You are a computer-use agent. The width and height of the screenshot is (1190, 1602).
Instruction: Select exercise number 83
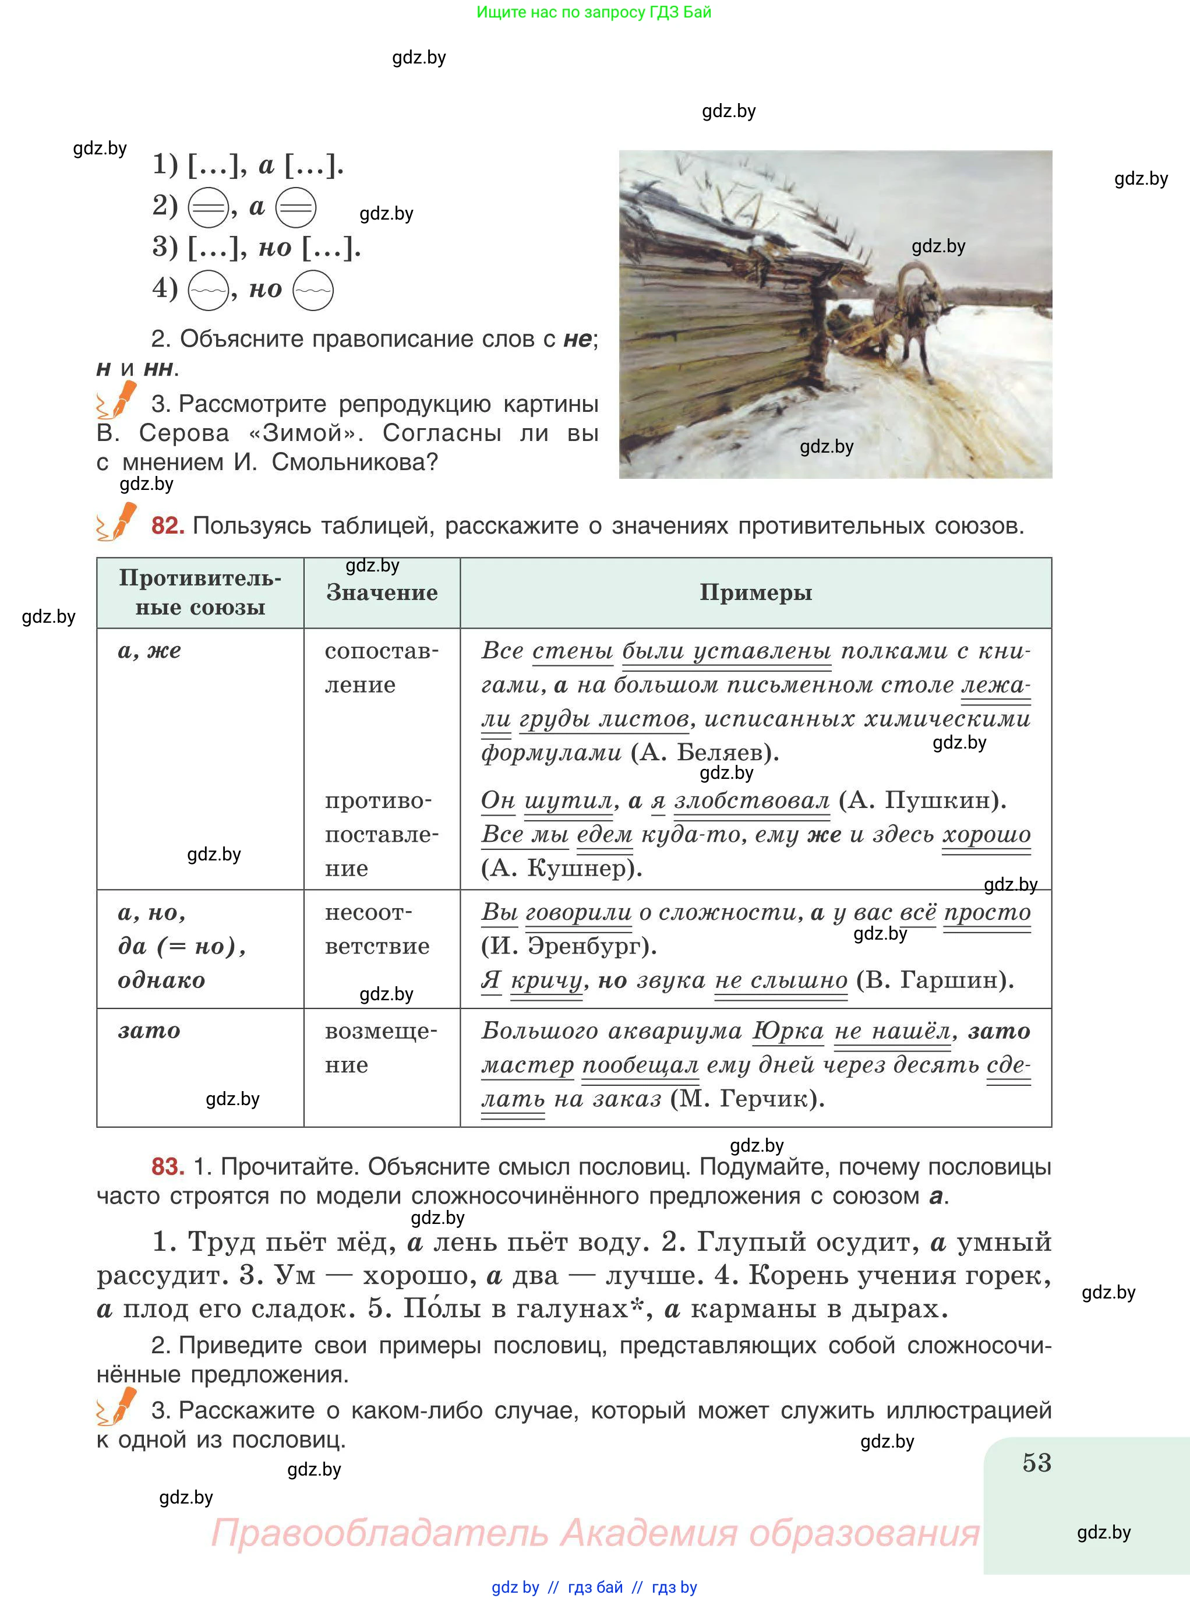point(168,1166)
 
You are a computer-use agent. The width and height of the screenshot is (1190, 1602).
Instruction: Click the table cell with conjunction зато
point(149,1031)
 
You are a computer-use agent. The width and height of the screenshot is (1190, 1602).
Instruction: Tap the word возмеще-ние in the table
point(380,1047)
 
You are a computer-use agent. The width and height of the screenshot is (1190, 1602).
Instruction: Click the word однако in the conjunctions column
point(161,980)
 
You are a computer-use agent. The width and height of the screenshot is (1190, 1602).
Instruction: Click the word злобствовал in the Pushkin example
point(751,800)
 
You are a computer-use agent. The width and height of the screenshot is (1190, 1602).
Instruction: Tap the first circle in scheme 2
point(208,208)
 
